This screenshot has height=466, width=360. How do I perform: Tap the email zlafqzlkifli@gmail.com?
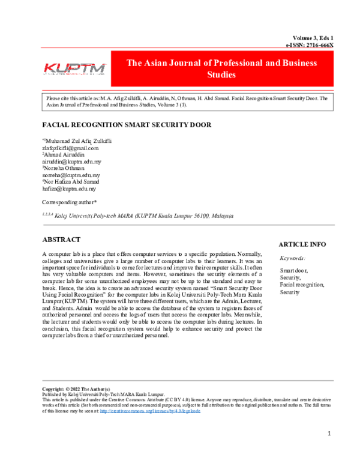(70, 148)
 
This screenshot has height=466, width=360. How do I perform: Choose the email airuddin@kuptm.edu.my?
(71, 162)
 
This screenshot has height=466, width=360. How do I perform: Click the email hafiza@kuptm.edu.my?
(68, 189)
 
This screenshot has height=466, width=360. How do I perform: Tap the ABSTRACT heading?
(61, 239)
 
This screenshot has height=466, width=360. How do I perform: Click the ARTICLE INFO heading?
(302, 244)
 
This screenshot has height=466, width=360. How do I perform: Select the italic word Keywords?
(293, 258)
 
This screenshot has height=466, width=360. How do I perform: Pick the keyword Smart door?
(293, 271)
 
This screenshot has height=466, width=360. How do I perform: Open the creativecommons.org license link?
(149, 411)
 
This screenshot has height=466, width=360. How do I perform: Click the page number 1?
(329, 434)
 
